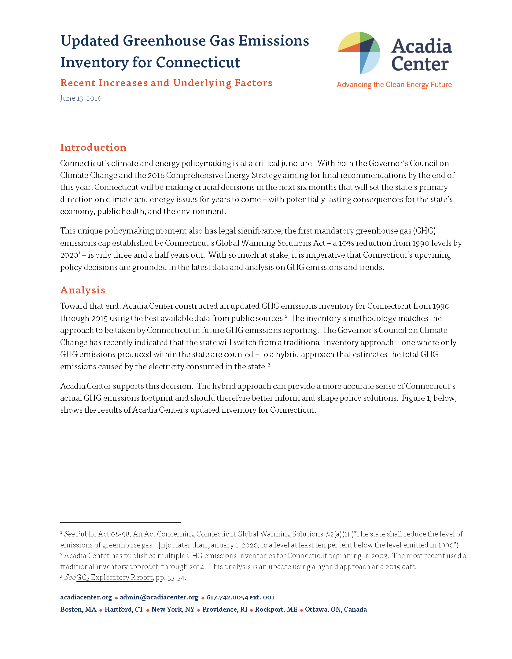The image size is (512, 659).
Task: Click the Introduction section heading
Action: coord(93,147)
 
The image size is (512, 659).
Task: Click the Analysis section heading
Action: coord(83,290)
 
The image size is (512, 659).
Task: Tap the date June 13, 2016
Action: coord(81,98)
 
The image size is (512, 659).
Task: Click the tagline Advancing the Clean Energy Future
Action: coord(394,85)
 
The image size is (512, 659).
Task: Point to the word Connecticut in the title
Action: coord(198,62)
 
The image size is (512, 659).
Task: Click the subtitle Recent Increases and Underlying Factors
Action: coord(166,83)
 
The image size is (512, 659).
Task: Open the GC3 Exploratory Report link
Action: coord(114,577)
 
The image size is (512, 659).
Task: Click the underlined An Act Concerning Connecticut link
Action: coord(228,534)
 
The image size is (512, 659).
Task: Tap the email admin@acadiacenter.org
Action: coord(159,597)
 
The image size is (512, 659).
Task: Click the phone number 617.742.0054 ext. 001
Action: coord(240,597)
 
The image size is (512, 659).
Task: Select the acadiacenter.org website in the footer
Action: coord(86,597)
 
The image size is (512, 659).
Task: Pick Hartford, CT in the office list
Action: coord(124,609)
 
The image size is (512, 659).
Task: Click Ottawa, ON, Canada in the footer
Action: coord(336,609)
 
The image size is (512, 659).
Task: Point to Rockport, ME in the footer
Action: coord(276,609)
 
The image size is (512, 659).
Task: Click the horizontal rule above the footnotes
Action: coord(120,523)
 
